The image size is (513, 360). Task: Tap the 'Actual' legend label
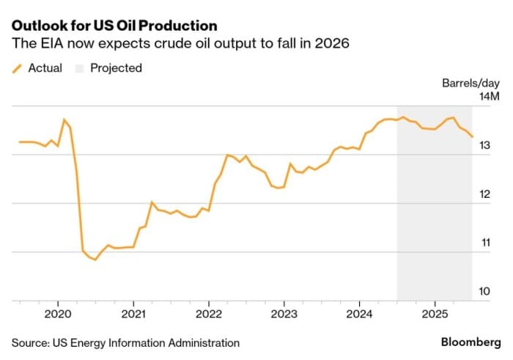[45, 68]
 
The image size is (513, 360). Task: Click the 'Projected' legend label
[116, 68]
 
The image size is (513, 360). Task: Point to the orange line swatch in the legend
[17, 68]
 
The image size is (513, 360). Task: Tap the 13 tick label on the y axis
[484, 146]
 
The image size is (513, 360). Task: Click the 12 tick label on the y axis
[484, 194]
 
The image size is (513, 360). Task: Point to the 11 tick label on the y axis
[484, 243]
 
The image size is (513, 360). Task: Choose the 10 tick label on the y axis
[484, 291]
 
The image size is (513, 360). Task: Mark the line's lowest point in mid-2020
[95, 260]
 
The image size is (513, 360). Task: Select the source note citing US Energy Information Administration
[125, 342]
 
